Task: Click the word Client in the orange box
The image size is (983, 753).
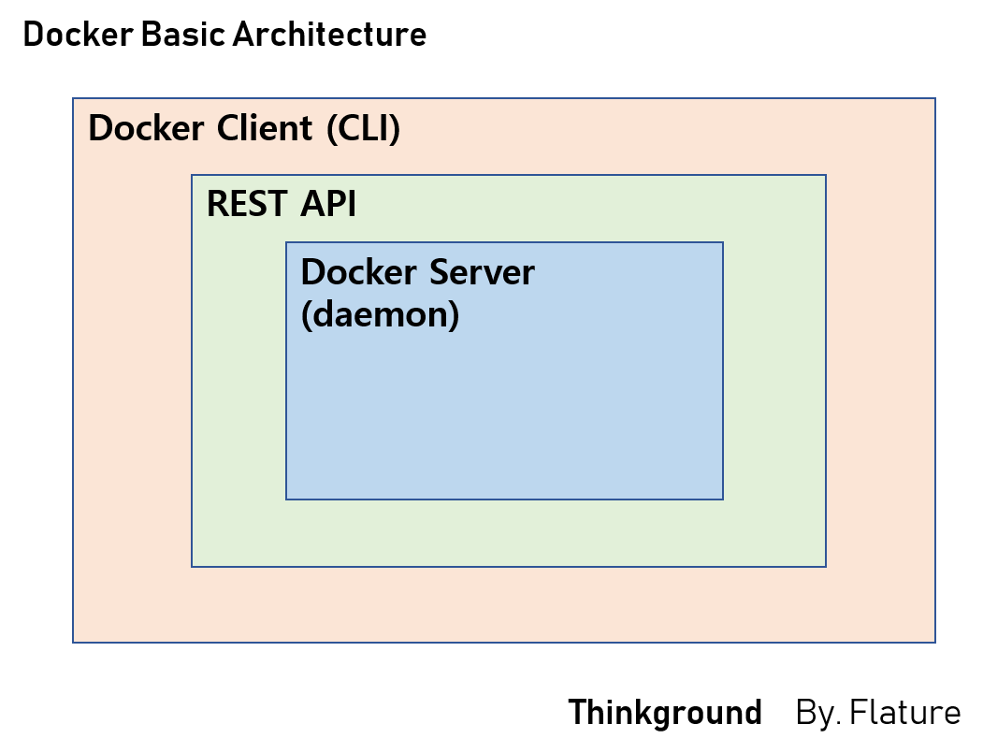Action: (265, 129)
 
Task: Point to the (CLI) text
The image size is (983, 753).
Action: (363, 129)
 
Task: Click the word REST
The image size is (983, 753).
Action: (248, 204)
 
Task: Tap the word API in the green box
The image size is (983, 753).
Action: (328, 204)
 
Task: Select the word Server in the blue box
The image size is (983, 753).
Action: (482, 272)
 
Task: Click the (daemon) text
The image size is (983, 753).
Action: (380, 314)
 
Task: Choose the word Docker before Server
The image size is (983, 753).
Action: (359, 272)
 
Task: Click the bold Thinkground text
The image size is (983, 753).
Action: (665, 713)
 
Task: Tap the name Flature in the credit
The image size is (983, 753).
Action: (904, 713)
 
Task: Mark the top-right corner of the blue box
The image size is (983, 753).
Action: (723, 242)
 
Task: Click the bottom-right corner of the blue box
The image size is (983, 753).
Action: (723, 500)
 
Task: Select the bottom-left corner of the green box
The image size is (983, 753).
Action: (192, 567)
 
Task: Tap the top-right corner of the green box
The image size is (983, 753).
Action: (826, 175)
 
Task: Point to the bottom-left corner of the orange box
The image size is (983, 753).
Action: (73, 643)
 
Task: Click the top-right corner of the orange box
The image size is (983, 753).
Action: (935, 98)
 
